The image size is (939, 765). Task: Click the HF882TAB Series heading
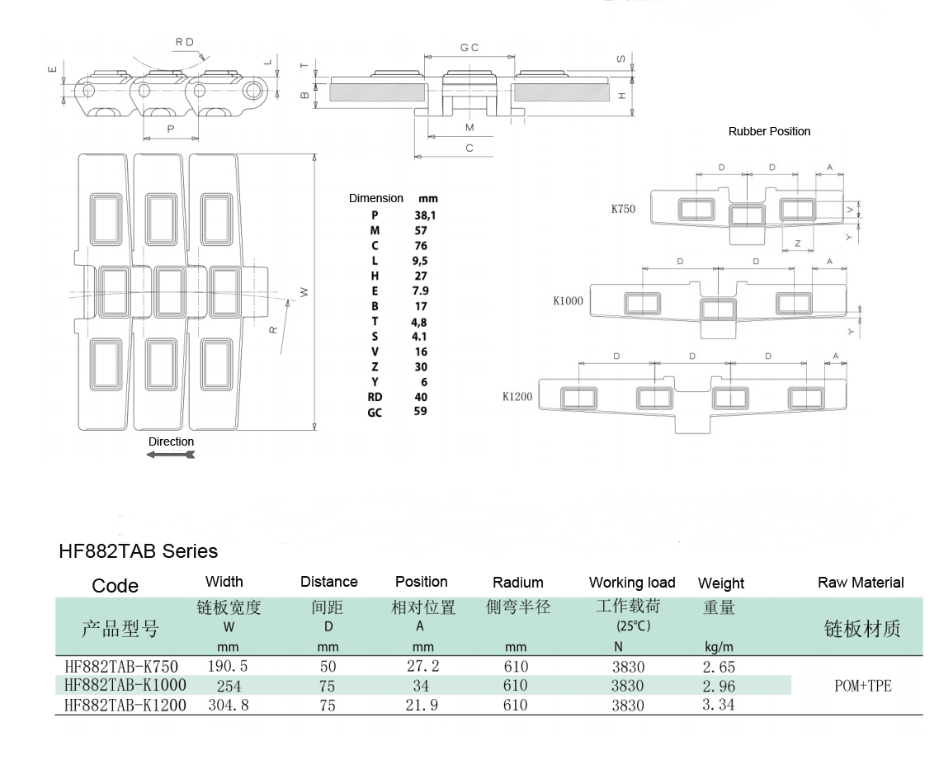point(139,550)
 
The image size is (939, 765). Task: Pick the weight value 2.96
point(718,686)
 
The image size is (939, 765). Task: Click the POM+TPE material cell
point(863,686)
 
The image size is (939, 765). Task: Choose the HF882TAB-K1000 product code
point(125,685)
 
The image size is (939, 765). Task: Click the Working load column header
point(632,583)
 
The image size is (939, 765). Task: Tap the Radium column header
point(517,583)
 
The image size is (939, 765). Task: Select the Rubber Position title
point(769,131)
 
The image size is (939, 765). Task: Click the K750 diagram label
point(623,209)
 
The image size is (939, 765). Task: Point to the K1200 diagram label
point(517,396)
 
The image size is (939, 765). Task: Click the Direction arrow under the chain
point(170,455)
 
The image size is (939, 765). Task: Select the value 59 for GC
point(420,411)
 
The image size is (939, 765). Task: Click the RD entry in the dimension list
point(375,396)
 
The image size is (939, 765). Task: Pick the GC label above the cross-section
point(469,48)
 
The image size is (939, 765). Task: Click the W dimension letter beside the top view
point(304,291)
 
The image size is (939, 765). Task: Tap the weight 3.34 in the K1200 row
point(718,705)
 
